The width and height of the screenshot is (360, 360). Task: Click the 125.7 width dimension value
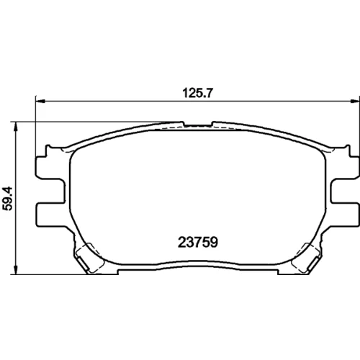[197, 93]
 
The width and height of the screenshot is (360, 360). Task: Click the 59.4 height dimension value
[8, 199]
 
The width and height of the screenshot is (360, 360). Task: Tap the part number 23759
[198, 242]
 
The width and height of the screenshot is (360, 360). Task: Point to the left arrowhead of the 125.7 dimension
[40, 102]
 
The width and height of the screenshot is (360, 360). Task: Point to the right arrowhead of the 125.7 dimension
[355, 102]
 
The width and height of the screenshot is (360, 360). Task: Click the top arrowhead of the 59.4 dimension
[16, 127]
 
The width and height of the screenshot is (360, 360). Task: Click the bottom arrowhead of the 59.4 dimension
[16, 269]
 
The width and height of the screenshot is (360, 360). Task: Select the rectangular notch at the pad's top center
[198, 124]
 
